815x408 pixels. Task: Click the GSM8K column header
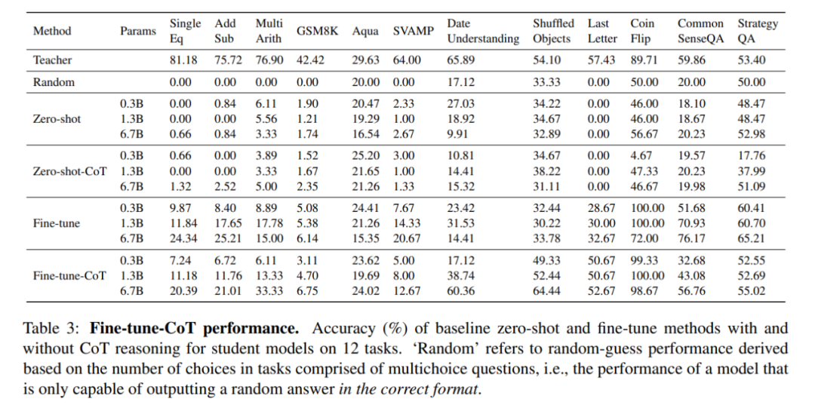point(317,31)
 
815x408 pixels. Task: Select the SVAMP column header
point(413,31)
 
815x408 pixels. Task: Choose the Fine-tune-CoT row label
point(69,275)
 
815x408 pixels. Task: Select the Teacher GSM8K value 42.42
point(312,60)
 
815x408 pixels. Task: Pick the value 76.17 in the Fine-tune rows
point(692,238)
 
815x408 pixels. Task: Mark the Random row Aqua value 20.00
point(366,82)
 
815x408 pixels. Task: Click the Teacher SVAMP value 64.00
point(407,60)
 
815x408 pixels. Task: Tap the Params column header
point(138,31)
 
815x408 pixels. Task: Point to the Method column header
point(52,31)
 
